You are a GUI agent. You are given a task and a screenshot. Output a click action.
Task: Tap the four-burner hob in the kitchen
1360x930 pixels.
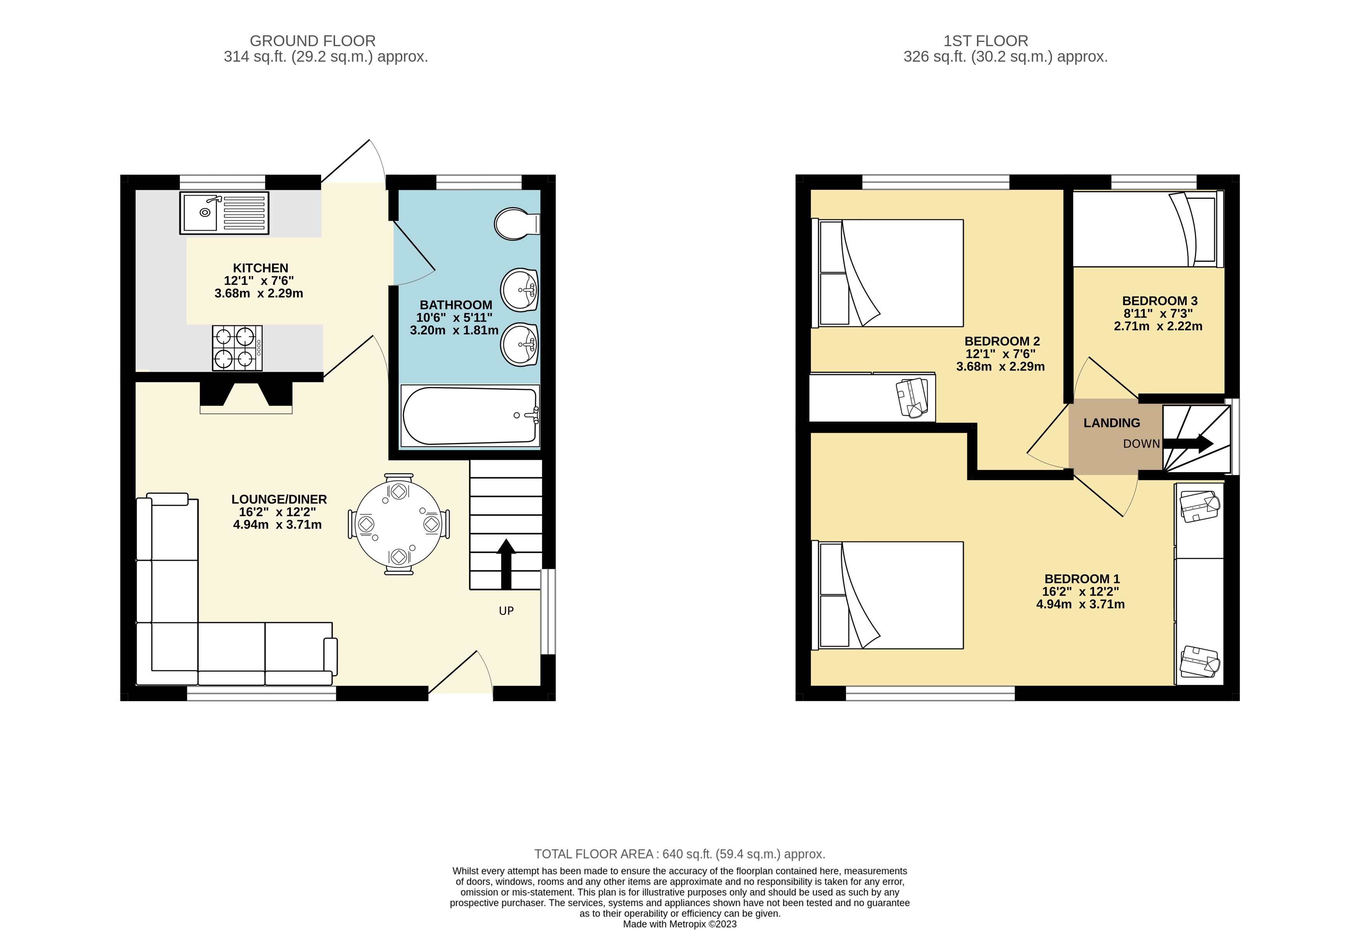coord(237,348)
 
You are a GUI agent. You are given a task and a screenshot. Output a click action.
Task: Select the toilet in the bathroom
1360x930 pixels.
coord(515,223)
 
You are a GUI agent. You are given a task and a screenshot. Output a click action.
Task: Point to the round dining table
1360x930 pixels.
coord(399,523)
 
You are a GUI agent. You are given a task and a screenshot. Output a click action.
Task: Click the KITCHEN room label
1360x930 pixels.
coord(261,268)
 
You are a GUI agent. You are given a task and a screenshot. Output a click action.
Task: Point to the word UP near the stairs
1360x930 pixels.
coord(506,611)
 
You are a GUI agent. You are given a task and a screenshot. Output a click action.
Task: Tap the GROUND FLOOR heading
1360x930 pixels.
coord(313,41)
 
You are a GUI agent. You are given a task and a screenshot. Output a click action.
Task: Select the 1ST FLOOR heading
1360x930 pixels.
coord(985,41)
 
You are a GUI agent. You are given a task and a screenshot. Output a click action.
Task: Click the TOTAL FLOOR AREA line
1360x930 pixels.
coord(679,854)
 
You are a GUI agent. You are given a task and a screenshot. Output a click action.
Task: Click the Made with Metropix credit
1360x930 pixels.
coord(679,924)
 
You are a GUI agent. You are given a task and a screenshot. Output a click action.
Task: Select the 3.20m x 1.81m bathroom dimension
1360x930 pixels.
coord(454,330)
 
